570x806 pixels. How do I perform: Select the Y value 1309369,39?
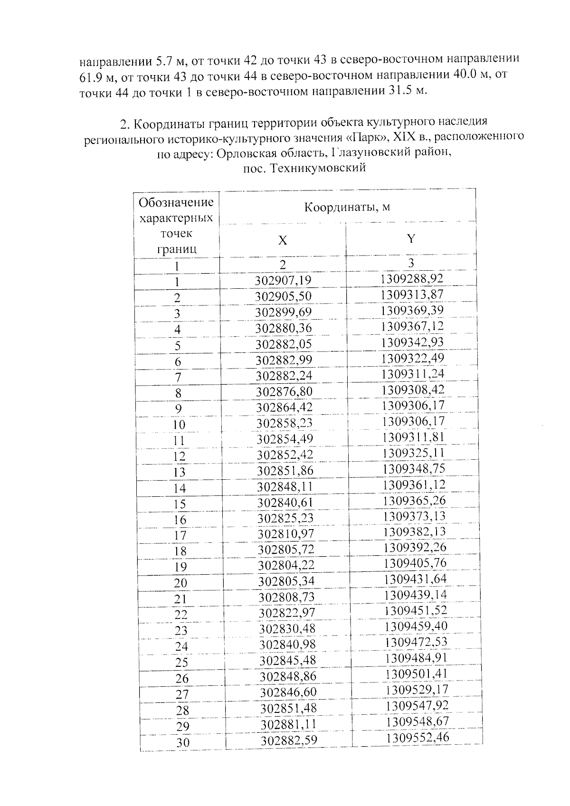coord(411,310)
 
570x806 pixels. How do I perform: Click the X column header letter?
coord(282,241)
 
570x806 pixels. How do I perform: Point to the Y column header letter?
coord(411,238)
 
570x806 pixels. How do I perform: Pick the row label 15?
coord(180,504)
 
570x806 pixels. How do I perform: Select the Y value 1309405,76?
coord(415,563)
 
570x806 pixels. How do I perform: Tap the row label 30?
coord(183,742)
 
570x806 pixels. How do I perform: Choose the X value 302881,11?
coord(288,724)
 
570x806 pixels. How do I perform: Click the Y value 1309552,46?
coord(418,738)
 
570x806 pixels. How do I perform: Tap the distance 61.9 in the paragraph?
coord(88,76)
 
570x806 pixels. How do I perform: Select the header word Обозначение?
coord(176,203)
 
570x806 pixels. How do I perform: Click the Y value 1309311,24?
coord(412,374)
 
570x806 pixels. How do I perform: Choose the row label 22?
coord(181,615)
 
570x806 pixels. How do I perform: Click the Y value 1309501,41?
coord(417,674)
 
